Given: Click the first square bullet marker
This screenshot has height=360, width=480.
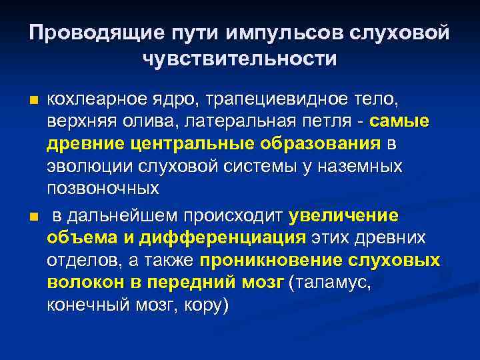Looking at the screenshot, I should (33, 101).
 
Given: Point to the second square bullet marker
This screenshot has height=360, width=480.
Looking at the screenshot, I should (33, 217).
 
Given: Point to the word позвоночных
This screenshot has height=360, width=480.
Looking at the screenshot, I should (103, 188).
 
